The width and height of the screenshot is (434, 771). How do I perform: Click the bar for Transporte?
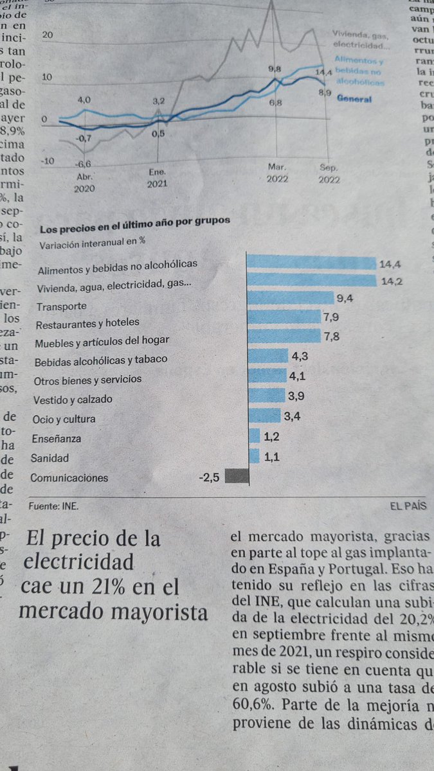[291, 298]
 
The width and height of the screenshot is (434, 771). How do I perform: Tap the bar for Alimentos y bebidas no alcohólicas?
[311, 261]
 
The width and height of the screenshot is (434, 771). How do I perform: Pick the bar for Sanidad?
[253, 457]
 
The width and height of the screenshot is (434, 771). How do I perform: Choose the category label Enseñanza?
[57, 439]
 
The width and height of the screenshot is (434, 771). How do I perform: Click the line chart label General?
[354, 100]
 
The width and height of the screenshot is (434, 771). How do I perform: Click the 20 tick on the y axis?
[46, 35]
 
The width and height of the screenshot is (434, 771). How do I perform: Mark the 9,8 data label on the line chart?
[275, 68]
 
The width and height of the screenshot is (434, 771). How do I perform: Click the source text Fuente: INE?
[55, 506]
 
